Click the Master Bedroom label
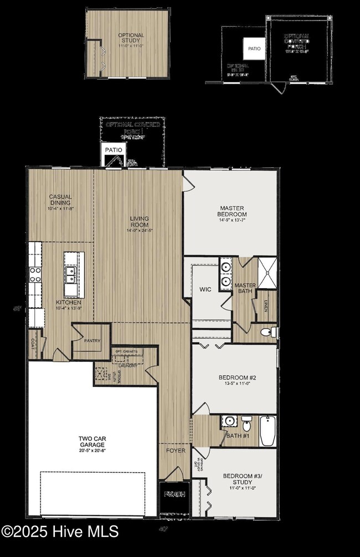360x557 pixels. tap(232, 211)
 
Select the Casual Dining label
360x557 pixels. tap(60, 200)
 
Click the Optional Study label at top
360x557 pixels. tap(131, 38)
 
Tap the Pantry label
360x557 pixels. tap(92, 341)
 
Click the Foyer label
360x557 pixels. tap(176, 451)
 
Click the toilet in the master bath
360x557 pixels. tap(268, 332)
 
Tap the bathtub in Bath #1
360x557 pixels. tap(268, 431)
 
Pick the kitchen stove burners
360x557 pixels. tap(35, 275)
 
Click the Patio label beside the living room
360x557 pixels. tap(114, 150)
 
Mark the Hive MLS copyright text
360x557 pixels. tap(60, 531)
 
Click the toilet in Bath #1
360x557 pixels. tap(246, 425)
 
